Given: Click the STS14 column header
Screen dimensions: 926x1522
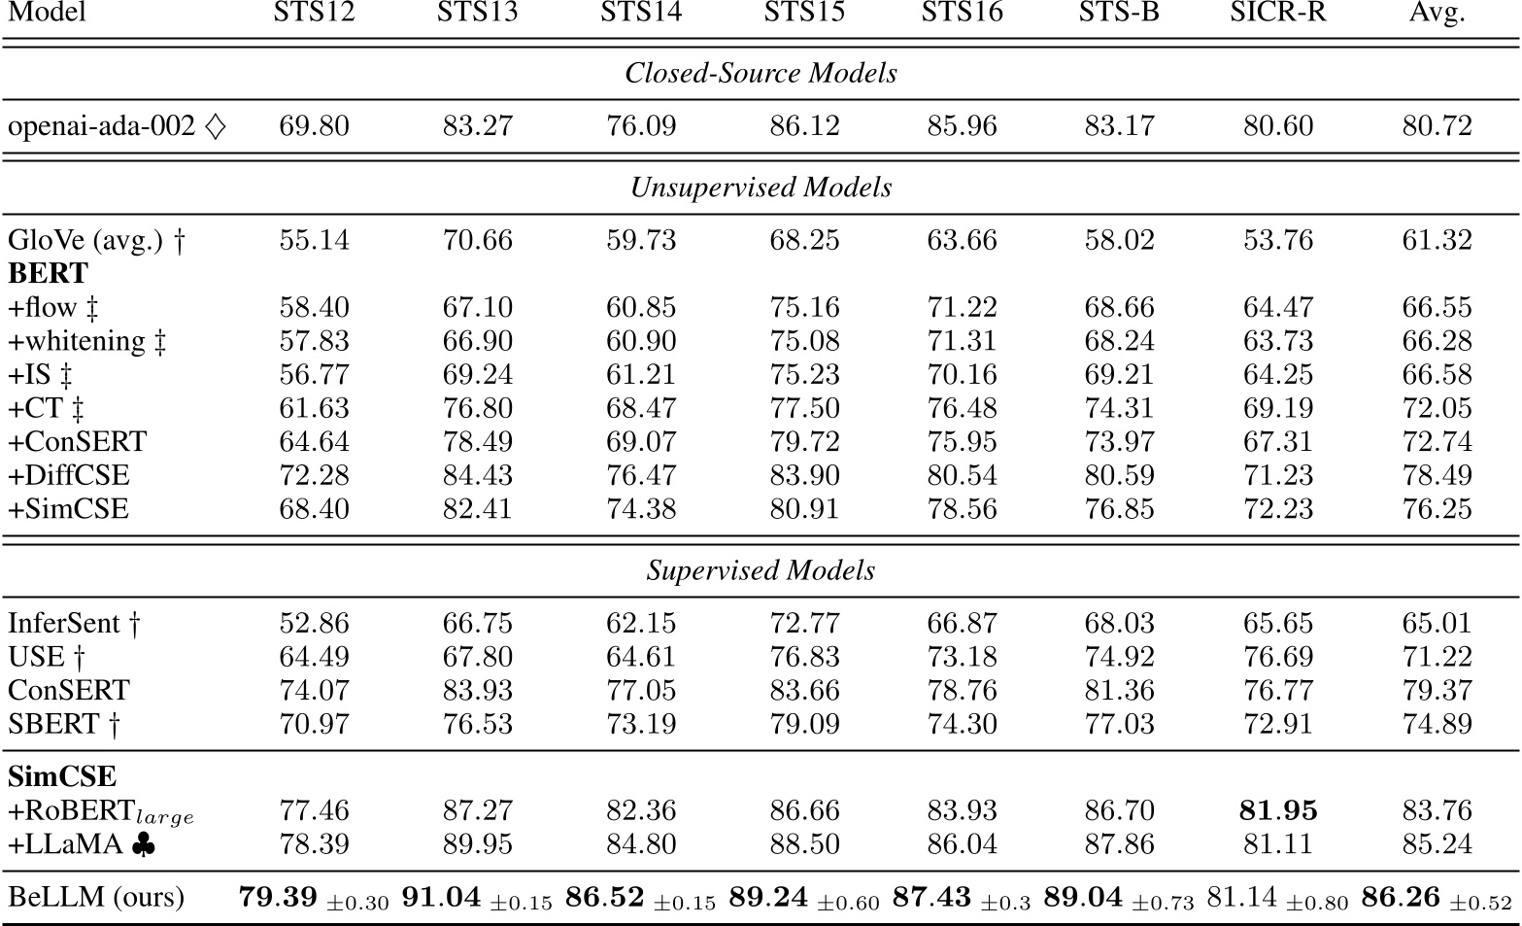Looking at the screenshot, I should (641, 13).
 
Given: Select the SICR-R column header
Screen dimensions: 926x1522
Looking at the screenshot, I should (1277, 13).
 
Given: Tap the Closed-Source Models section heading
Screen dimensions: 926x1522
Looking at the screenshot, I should (761, 73).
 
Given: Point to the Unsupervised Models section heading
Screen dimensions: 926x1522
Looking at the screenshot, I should (761, 187).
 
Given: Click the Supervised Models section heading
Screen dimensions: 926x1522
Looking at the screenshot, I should (761, 570).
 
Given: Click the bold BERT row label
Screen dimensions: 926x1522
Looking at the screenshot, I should (48, 273).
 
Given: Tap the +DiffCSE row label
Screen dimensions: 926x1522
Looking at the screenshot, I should (68, 475).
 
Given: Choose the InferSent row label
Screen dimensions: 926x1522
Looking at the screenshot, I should (64, 623).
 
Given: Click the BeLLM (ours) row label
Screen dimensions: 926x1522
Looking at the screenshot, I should (95, 896).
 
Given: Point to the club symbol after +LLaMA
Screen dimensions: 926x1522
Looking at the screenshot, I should (142, 844).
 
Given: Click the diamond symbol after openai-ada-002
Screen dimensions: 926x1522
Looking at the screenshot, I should (216, 126).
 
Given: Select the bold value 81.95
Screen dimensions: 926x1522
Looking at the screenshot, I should (1277, 810).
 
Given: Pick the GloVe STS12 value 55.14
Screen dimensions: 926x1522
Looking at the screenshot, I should (314, 240).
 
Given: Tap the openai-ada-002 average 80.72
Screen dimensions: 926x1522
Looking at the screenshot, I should (1437, 126).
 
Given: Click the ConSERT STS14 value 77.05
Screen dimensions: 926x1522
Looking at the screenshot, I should (641, 691).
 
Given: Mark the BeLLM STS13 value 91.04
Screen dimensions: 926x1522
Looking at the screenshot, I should (441, 897).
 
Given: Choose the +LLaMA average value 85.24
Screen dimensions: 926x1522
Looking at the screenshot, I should (1437, 844).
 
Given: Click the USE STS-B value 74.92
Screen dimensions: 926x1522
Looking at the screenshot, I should (1119, 657).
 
